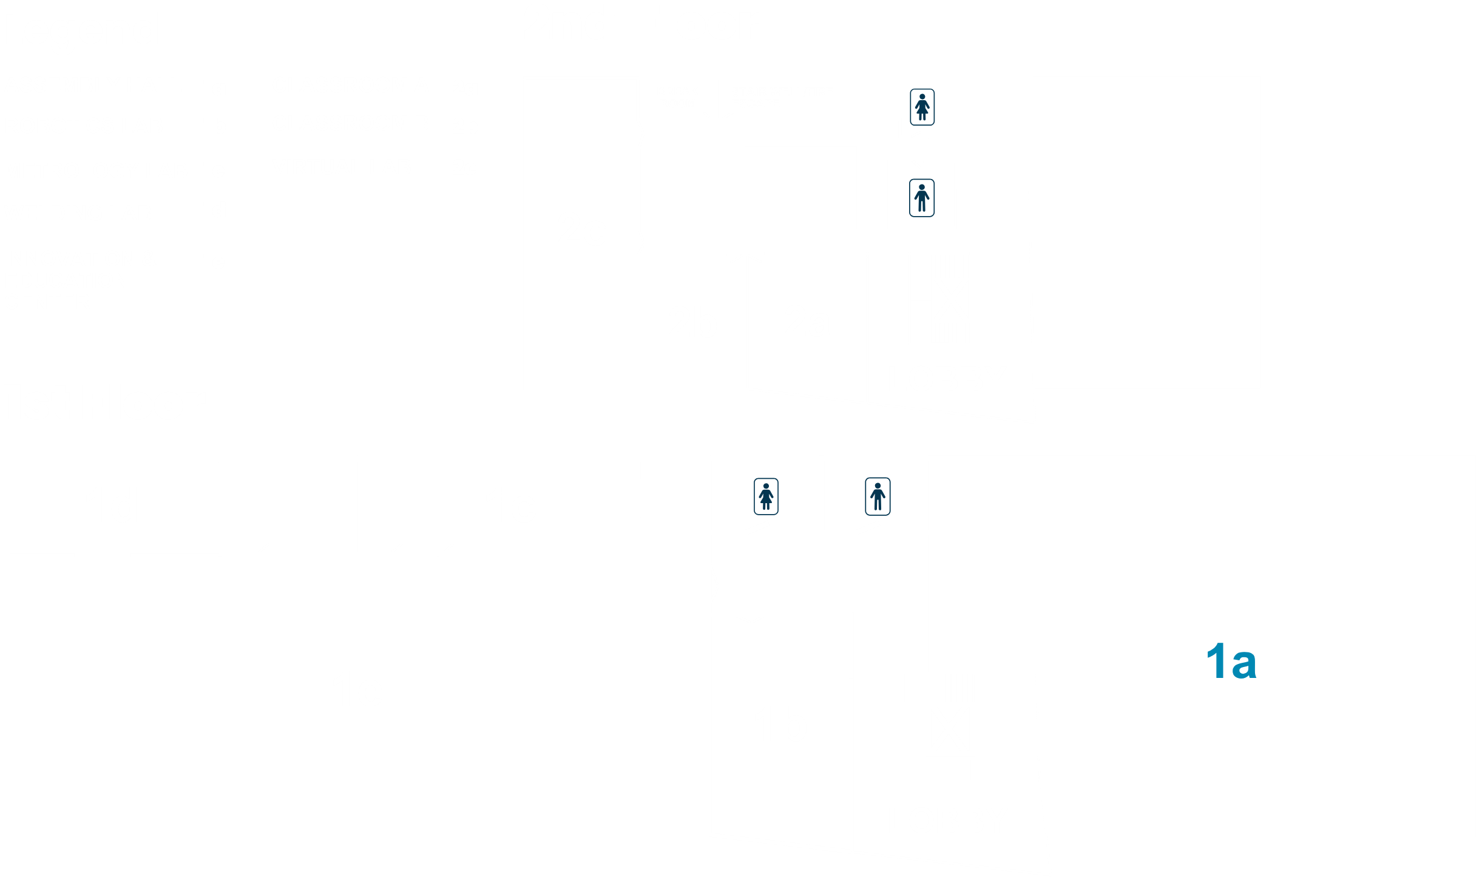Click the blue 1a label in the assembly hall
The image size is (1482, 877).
click(x=1231, y=662)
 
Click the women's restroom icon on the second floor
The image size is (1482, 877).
click(x=922, y=107)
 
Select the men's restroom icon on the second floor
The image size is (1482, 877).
click(x=922, y=197)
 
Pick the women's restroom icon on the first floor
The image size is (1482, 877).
click(x=766, y=496)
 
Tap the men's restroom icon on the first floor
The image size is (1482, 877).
click(x=878, y=496)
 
